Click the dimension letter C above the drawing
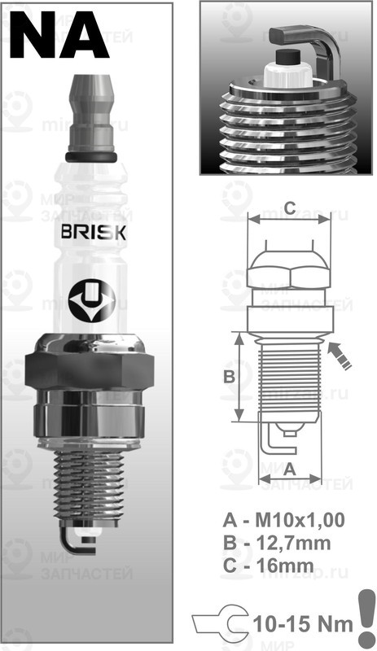point(289,205)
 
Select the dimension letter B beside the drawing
point(229,376)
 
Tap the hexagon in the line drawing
point(289,270)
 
